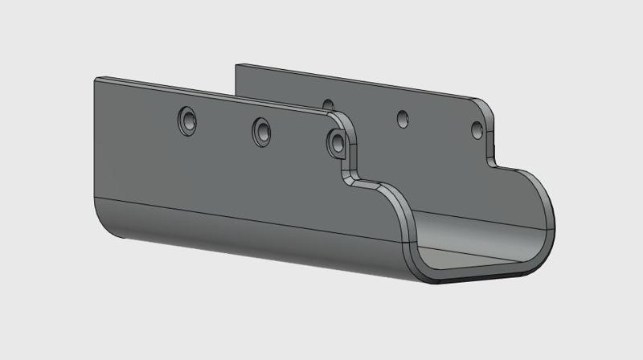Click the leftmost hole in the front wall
coord(186,121)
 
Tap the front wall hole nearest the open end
coord(337,142)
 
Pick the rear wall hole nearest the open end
coord(477,129)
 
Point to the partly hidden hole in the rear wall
coord(328,104)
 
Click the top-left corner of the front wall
coord(96,79)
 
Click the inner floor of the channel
coord(474,241)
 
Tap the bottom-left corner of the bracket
coord(109,230)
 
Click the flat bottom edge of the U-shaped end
coord(482,276)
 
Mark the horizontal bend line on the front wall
coord(241,210)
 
